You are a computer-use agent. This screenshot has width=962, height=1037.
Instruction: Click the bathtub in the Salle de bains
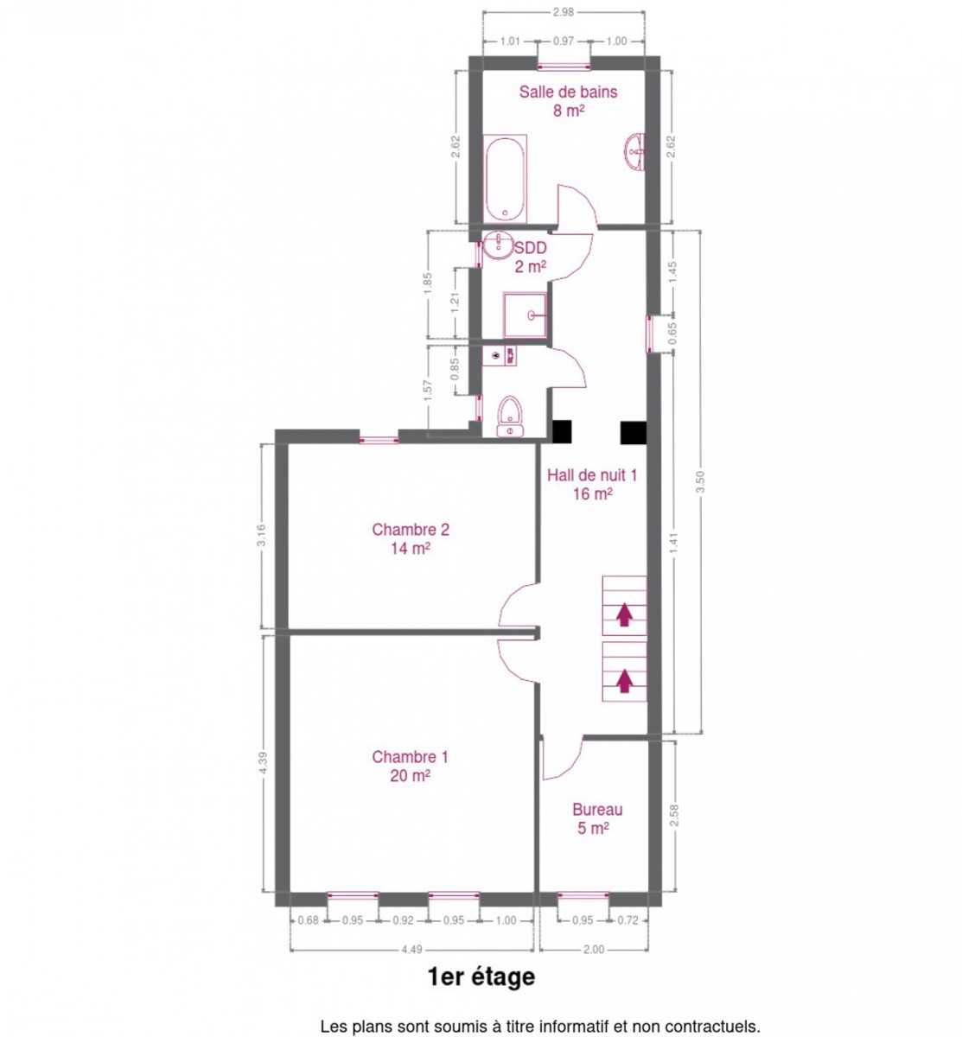click(504, 179)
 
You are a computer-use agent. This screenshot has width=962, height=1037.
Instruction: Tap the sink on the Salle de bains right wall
click(634, 151)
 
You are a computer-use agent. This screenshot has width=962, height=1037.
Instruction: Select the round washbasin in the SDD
click(498, 245)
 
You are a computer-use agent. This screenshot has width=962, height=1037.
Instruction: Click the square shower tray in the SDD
click(525, 315)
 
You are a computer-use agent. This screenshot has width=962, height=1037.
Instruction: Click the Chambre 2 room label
click(410, 539)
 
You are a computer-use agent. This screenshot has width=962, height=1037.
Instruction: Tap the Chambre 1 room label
click(410, 766)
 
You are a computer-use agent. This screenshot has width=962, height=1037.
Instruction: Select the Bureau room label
click(597, 818)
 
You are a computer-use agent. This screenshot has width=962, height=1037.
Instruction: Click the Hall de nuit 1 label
click(592, 484)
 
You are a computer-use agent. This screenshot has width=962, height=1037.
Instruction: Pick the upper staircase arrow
click(624, 614)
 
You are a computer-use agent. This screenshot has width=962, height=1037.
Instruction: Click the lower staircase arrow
click(624, 681)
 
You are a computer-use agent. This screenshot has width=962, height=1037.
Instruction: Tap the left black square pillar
click(562, 432)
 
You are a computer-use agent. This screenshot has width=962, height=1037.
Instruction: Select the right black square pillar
click(633, 432)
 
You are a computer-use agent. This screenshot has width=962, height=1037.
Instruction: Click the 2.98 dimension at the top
click(563, 12)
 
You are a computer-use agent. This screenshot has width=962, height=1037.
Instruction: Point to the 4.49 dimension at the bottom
click(411, 949)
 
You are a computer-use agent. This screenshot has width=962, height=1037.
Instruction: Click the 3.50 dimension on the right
click(700, 481)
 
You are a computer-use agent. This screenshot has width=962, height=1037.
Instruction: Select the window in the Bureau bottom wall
click(583, 895)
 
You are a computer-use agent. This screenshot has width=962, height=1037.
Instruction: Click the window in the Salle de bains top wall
click(564, 67)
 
